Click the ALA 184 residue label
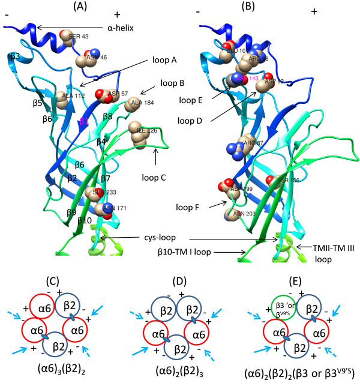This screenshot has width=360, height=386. [x=141, y=102]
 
